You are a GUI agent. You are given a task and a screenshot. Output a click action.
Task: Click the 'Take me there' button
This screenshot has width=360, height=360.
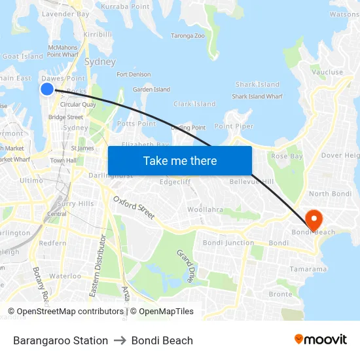click(180, 161)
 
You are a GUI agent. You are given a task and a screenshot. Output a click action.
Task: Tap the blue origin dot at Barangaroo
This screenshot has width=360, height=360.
click(47, 89)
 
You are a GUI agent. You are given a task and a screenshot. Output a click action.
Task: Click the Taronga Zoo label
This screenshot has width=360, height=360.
click(187, 36)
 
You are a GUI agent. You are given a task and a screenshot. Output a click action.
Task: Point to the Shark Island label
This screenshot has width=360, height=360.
click(257, 84)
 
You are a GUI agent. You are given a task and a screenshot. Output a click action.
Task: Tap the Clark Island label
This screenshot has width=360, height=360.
click(194, 104)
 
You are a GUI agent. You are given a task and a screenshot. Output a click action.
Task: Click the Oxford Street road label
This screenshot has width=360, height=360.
click(134, 207)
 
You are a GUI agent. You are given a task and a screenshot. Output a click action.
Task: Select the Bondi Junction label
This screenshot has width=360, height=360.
click(228, 243)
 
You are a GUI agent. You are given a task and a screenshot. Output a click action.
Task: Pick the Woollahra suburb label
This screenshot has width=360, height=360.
click(205, 210)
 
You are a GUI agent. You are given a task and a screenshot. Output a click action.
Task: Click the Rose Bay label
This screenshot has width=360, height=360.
click(287, 156)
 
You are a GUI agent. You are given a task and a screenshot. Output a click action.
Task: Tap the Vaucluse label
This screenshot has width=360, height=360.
click(328, 73)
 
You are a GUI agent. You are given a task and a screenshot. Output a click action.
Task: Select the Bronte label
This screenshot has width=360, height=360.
click(280, 295)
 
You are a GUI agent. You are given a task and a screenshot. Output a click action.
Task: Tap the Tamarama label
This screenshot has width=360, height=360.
click(308, 269)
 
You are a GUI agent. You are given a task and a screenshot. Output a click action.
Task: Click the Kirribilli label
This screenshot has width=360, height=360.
click(98, 34)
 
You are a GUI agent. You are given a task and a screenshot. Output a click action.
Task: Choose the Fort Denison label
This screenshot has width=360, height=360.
click(134, 75)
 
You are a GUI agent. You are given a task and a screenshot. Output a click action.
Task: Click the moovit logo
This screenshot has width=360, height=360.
click(320, 340)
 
